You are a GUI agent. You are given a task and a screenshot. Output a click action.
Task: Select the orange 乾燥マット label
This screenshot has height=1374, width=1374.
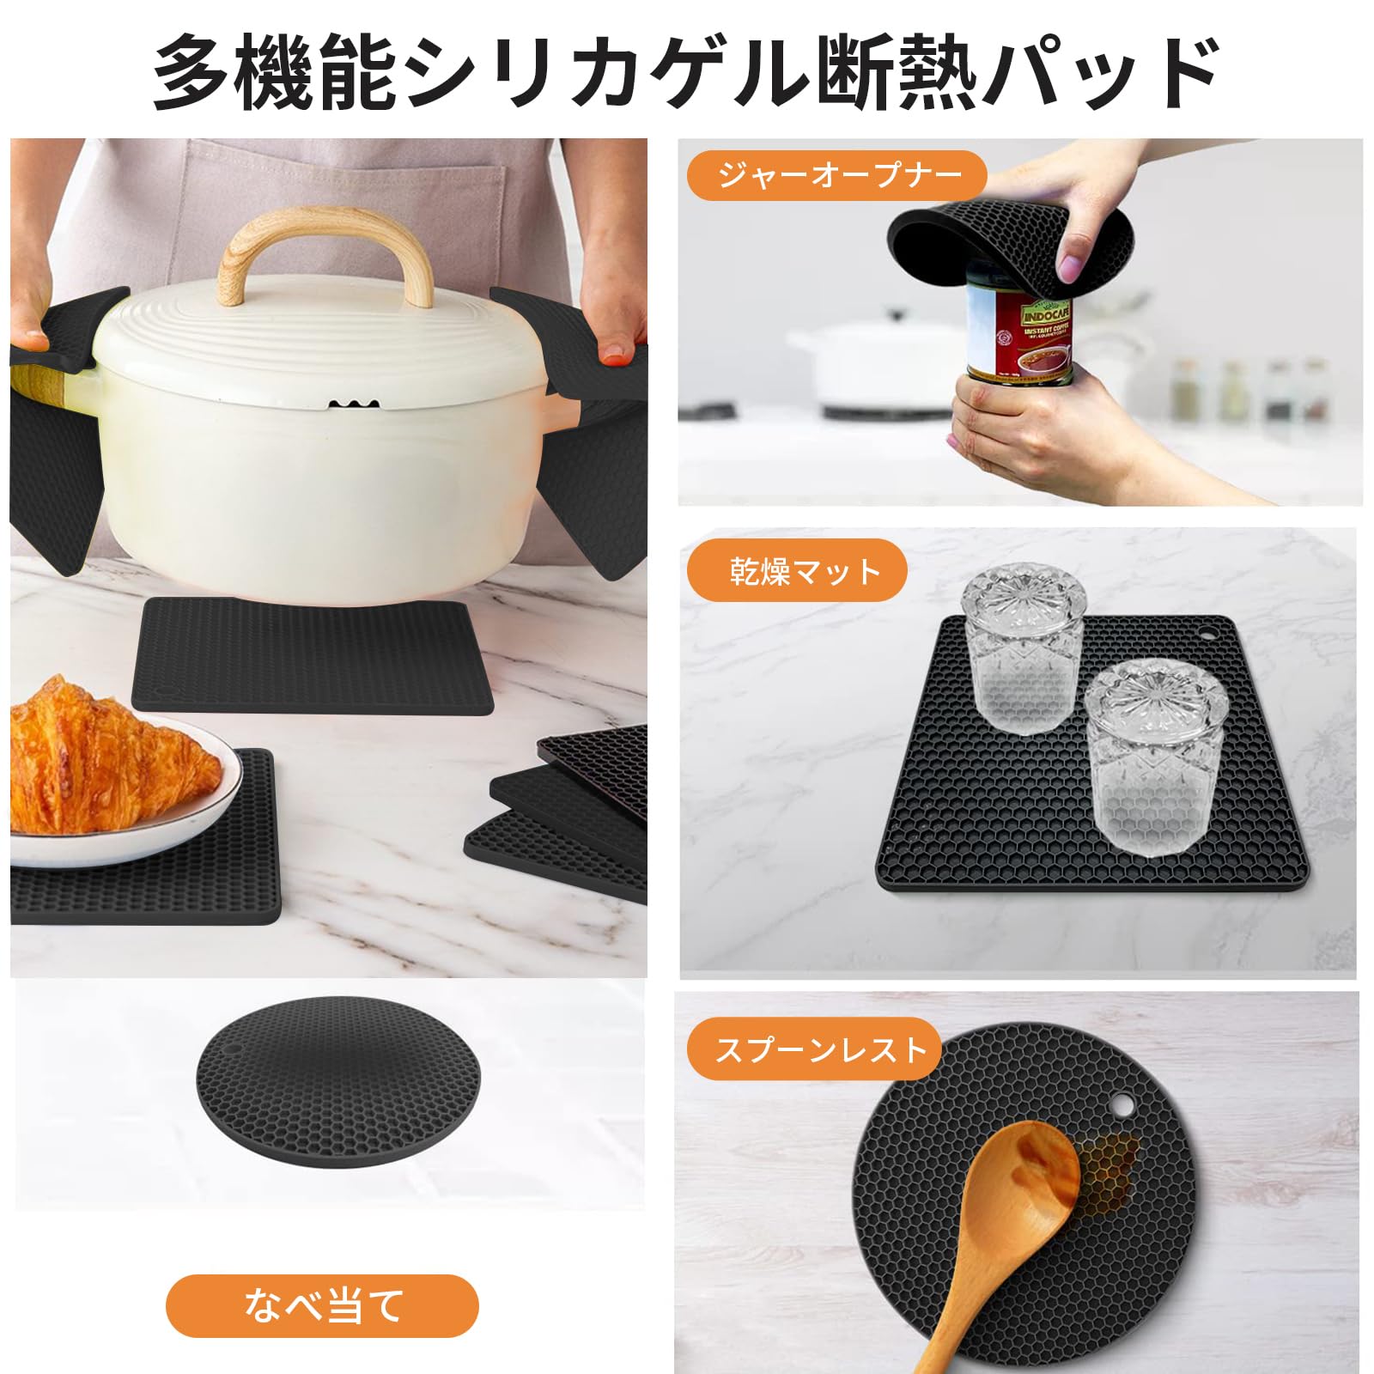[797, 571]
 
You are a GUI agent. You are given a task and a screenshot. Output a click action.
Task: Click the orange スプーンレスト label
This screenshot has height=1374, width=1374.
[814, 1049]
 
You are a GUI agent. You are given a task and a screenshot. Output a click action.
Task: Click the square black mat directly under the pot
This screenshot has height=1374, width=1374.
[313, 657]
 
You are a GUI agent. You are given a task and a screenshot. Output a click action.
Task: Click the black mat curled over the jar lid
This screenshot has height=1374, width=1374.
[1009, 245]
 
